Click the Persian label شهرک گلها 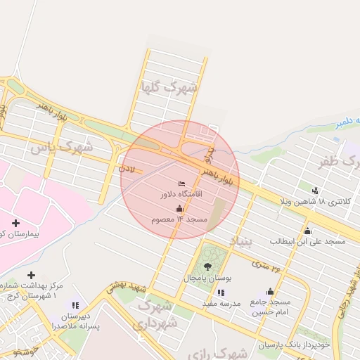pos(169,89)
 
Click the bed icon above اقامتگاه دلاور pos(182,184)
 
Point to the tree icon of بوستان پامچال pos(207,266)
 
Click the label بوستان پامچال pos(208,278)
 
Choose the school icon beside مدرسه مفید pos(221,292)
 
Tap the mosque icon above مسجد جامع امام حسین pos(270,291)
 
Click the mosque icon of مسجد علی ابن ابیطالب pos(307,231)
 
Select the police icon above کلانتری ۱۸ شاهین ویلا pos(314,190)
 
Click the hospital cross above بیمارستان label pos(15,223)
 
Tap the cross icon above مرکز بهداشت pos(30,275)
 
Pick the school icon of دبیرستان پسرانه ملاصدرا pos(74,305)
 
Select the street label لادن pos(127,168)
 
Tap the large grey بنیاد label pos(240,243)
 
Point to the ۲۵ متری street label pos(266,266)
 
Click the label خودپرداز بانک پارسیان pos(295,345)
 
